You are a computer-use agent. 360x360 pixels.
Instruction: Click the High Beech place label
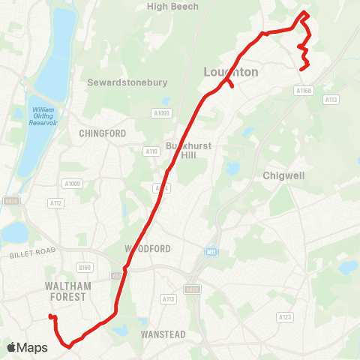172,7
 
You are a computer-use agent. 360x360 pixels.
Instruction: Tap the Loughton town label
231,72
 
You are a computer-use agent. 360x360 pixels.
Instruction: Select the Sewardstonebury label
127,82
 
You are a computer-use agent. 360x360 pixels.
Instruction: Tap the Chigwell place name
283,175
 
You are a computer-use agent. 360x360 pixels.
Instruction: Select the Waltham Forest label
67,292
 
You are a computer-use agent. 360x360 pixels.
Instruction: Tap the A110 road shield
151,151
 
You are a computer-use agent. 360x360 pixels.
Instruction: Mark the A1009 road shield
72,183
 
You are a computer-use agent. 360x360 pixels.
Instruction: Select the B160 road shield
84,266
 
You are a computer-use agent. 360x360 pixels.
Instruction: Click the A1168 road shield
302,90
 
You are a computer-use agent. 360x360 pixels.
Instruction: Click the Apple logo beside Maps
11,347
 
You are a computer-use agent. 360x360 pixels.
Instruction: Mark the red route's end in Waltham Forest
51,317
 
